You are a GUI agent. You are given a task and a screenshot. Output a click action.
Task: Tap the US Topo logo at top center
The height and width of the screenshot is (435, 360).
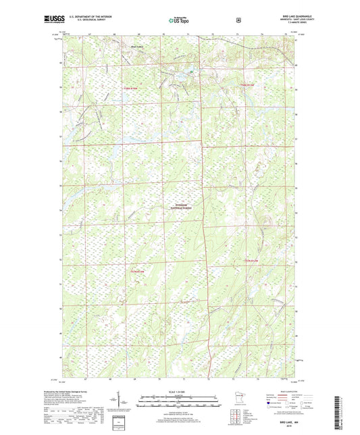[178, 22]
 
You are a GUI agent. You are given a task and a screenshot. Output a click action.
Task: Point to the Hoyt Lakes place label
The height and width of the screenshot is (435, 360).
[136, 47]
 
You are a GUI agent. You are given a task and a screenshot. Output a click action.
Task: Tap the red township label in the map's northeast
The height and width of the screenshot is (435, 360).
[248, 84]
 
